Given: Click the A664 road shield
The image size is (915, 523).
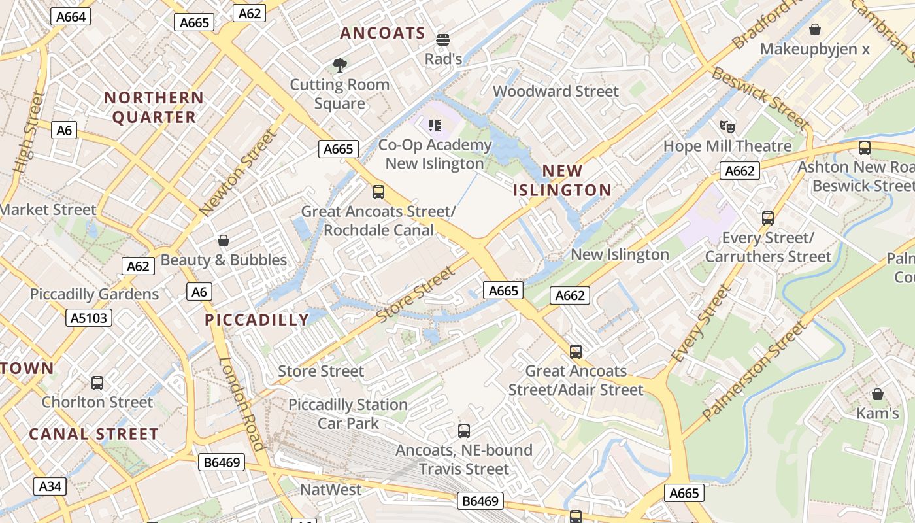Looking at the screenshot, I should [71, 16].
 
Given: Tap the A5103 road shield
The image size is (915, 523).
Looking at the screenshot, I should [89, 318].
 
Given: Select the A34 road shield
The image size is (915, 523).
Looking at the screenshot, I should [50, 486].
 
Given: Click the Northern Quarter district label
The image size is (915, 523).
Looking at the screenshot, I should [154, 107].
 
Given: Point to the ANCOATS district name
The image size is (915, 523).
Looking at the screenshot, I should [382, 33].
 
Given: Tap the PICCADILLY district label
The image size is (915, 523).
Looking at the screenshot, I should [257, 320].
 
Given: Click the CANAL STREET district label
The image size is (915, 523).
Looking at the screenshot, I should [93, 434].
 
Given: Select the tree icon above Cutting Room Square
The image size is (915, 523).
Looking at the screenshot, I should [339, 65].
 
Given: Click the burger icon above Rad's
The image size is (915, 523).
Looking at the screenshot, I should [443, 40].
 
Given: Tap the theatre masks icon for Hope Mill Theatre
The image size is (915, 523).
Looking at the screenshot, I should [727, 126].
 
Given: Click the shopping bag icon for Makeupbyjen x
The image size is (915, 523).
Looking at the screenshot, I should [814, 29].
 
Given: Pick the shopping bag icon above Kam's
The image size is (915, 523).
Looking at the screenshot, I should [877, 394].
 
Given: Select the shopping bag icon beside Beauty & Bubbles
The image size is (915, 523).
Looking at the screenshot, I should [224, 241].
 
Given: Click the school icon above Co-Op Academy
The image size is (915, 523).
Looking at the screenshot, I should [435, 125].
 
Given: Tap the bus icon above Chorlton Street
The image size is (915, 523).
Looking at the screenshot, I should [97, 383].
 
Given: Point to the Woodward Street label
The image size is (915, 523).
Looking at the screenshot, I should [556, 91].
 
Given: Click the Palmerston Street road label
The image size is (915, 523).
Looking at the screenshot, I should [754, 371].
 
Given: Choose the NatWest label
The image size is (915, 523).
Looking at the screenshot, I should [331, 490].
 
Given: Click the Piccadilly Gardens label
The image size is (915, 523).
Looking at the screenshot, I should [94, 294].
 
